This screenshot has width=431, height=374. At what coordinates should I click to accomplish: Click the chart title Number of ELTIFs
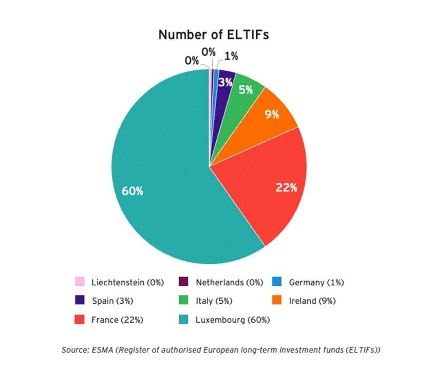214,34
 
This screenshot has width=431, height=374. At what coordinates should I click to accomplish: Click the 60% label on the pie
132,191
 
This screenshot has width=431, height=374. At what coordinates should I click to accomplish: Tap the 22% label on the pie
286,187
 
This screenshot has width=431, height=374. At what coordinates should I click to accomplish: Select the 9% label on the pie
272,114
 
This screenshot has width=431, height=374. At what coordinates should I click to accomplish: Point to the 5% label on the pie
246,90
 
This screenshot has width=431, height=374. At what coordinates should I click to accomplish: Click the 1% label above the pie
231,56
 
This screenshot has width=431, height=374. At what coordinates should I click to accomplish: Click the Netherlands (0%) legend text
229,282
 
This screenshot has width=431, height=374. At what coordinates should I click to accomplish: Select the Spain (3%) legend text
109,301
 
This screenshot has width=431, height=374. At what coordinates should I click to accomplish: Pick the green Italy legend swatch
182,301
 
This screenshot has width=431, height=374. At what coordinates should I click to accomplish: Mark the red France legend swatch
79,320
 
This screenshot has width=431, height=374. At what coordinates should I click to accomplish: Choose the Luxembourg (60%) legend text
233,320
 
